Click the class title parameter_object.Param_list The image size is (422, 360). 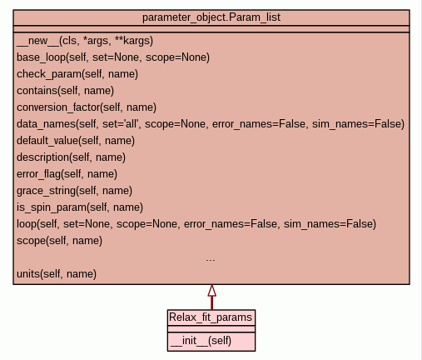(x=211, y=17)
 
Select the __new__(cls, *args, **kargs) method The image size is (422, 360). (x=85, y=41)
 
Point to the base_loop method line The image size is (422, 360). (x=113, y=57)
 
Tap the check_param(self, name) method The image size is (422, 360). (x=77, y=74)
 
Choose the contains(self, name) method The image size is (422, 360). (x=65, y=91)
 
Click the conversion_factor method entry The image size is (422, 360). (x=87, y=107)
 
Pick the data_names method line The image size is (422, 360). (x=211, y=124)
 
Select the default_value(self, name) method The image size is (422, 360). (x=76, y=141)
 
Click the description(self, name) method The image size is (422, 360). (x=71, y=157)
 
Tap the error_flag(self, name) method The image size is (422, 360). (x=67, y=174)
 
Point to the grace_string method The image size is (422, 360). (x=74, y=191)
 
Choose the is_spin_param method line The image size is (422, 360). (x=80, y=207)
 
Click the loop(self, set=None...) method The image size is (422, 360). (x=196, y=224)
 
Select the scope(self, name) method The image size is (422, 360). (x=59, y=241)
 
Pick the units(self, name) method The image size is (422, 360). (x=57, y=274)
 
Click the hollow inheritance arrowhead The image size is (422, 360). (x=212, y=291)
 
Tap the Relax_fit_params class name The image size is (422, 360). (x=211, y=317)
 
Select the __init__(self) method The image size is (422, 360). (x=201, y=341)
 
